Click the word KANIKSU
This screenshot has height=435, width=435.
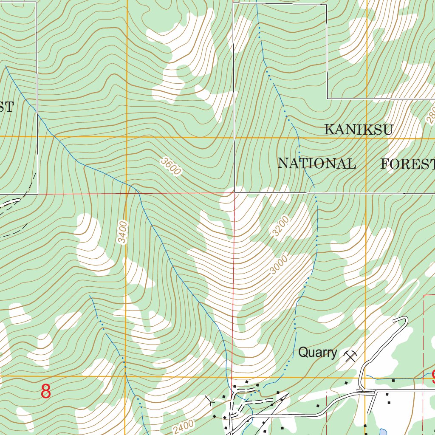pos(358,130)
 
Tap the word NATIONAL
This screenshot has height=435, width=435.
pos(316,164)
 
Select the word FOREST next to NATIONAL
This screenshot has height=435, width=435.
pos(407,164)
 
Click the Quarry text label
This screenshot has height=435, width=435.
pos(317,352)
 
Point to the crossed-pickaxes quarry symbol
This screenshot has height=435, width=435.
pos(350,356)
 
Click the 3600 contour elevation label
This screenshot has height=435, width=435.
pos(171,166)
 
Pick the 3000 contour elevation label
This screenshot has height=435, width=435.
pos(279,264)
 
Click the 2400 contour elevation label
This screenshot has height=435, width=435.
pos(184,425)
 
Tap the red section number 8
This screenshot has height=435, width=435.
pos(46,391)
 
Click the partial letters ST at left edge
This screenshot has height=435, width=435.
pos(6,107)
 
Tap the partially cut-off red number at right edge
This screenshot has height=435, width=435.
pos(433,376)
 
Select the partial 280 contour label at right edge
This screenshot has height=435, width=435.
pos(430,115)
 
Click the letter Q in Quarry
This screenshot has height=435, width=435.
pos(303,352)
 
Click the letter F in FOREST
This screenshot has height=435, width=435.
pos(385,164)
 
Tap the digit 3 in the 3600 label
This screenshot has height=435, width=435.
pos(164,161)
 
